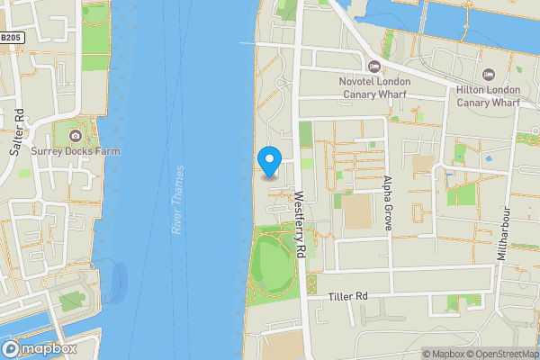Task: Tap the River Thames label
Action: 177,200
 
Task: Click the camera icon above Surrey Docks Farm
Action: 75,136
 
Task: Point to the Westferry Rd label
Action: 301,228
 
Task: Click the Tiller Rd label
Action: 348,296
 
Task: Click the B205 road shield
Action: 11,38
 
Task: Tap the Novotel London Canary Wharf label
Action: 373,87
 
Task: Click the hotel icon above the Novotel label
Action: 373,66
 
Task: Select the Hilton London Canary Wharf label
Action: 488,96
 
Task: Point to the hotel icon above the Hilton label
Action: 489,75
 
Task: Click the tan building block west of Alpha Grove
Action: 356,212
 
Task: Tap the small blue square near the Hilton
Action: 490,157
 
